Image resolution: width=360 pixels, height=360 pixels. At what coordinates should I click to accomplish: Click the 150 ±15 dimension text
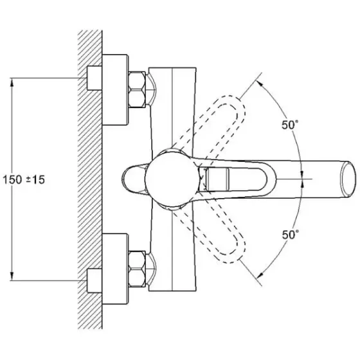pos(24,179)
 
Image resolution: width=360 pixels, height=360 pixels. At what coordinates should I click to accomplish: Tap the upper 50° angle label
pos(290,125)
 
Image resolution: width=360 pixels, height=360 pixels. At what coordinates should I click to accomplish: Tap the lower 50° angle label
pos(291,235)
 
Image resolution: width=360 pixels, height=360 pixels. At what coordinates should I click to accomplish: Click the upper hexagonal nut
pos(137,89)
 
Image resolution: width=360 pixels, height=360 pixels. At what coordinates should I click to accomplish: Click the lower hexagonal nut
pos(137,269)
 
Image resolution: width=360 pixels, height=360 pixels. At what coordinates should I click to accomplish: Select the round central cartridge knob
pos(171,179)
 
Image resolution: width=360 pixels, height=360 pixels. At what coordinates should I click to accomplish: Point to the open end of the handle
pos(349,179)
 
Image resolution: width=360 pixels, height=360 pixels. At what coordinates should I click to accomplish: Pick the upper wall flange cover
pos(115,90)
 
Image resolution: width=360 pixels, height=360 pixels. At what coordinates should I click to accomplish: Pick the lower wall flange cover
pos(115,269)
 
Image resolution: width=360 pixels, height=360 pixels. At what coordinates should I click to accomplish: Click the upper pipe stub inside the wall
pos(94,78)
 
